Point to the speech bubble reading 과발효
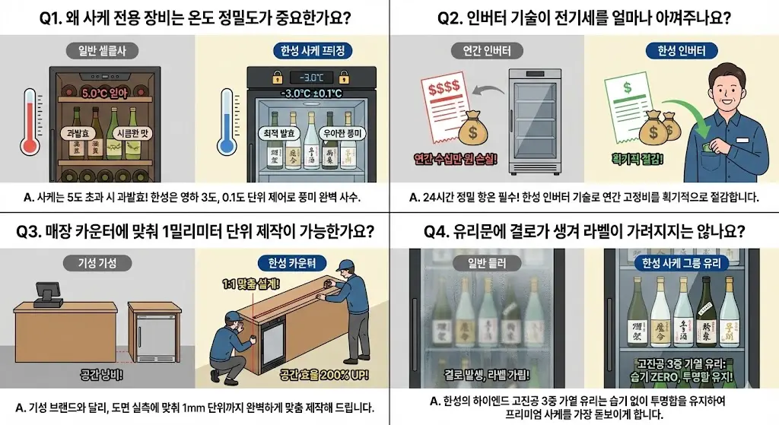pyautogui.click(x=77, y=132)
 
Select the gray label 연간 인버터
pyautogui.click(x=487, y=52)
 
